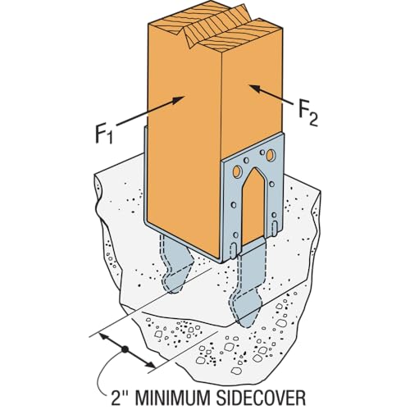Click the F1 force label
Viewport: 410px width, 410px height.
pyautogui.click(x=104, y=134)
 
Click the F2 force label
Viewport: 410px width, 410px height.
pyautogui.click(x=308, y=114)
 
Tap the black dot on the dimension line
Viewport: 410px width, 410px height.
pyautogui.click(x=125, y=349)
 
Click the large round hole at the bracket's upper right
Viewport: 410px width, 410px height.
pyautogui.click(x=271, y=155)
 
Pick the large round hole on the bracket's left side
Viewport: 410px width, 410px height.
pyautogui.click(x=237, y=172)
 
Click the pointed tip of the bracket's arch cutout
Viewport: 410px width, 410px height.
pyautogui.click(x=255, y=168)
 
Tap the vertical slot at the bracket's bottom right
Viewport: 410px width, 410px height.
pyautogui.click(x=275, y=226)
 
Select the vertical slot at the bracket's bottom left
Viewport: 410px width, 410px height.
pyautogui.click(x=233, y=249)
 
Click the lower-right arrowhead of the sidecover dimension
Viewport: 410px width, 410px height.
pyautogui.click(x=149, y=363)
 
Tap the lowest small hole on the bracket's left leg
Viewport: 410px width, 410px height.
pyautogui.click(x=235, y=235)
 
